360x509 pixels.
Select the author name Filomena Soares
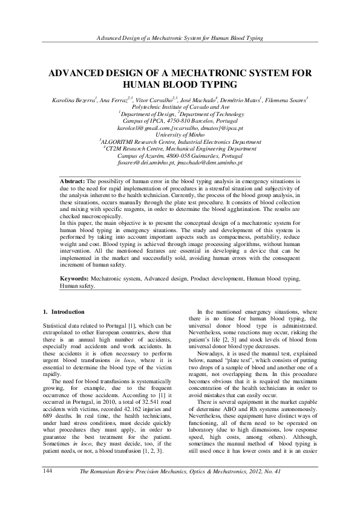(x=285, y=98)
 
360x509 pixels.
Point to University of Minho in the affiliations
(x=180, y=135)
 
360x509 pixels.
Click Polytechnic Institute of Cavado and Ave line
(x=180, y=105)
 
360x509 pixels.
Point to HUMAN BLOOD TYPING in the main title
(x=180, y=84)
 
